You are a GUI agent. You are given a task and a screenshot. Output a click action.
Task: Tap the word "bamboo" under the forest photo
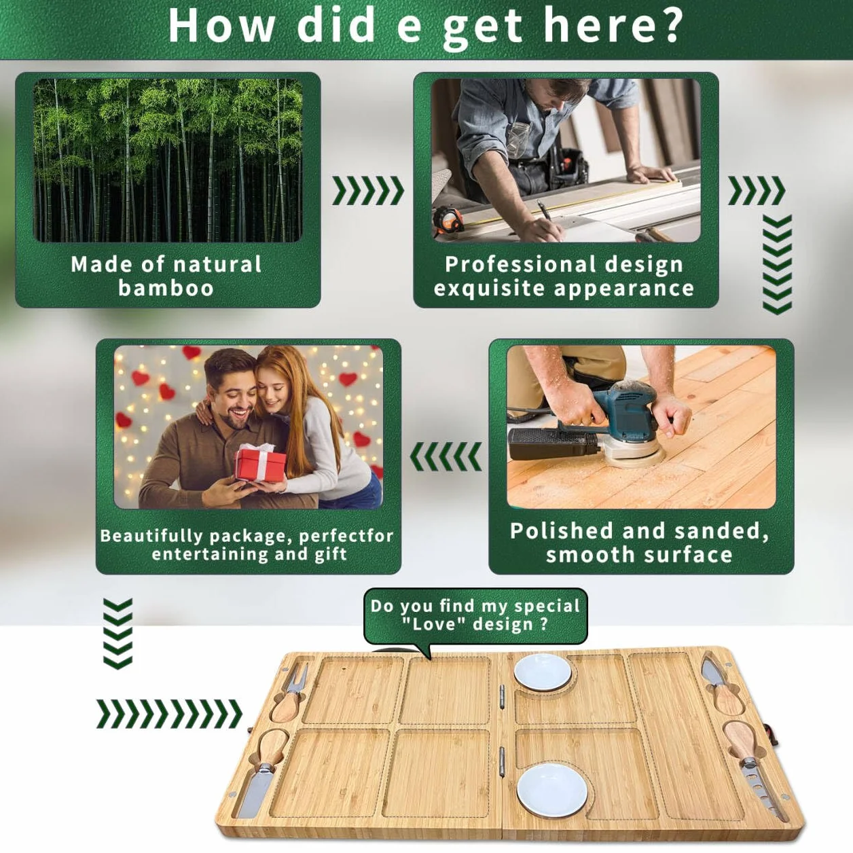click(x=166, y=288)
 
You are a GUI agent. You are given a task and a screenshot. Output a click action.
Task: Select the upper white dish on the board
click(x=543, y=672)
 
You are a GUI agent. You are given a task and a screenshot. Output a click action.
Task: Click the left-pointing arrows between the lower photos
click(x=446, y=456)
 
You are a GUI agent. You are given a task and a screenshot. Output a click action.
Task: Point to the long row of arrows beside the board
click(x=169, y=714)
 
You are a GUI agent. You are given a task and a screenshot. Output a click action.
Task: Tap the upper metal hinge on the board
click(x=502, y=699)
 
